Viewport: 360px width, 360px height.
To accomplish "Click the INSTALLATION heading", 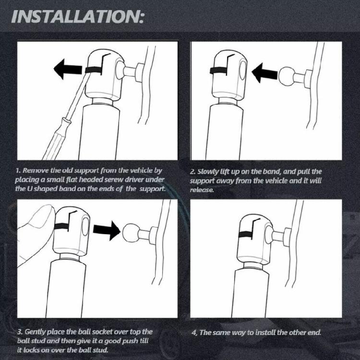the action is point(77,16).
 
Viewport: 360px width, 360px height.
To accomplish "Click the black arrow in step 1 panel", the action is point(68,69).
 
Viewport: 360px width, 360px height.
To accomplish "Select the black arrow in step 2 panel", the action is point(265,73).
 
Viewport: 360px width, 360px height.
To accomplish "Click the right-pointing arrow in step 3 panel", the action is point(107,230).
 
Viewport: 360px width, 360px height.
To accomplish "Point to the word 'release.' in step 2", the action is point(202,190).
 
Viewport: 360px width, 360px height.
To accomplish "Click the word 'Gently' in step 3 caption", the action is point(36,332).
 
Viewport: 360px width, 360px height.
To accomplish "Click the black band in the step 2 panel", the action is point(218,71).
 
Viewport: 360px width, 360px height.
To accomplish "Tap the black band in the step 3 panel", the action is point(61,227).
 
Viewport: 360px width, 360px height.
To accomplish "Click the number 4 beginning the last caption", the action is point(193,333).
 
